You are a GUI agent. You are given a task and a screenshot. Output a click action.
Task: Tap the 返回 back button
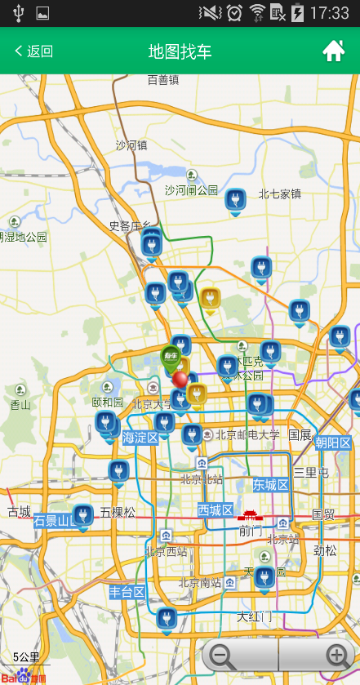33,51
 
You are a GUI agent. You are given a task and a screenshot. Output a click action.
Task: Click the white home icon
333,51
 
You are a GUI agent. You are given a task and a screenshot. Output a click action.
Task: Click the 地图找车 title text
180,51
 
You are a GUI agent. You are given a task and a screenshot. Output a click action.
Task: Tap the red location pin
180,380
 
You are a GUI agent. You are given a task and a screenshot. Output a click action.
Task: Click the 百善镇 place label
162,79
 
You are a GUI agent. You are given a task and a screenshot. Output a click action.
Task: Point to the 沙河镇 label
131,145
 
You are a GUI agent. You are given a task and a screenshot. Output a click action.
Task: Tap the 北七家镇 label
280,193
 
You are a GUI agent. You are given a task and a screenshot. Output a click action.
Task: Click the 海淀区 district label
140,438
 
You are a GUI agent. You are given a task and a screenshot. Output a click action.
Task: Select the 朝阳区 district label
333,443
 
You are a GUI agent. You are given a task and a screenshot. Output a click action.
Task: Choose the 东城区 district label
270,485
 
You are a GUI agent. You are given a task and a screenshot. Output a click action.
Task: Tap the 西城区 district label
216,510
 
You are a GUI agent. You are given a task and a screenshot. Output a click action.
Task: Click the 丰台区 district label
127,591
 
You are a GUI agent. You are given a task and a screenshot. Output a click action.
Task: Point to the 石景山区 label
53,520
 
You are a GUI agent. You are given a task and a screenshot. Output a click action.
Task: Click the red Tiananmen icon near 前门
248,515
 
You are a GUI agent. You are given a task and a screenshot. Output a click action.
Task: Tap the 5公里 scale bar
25,657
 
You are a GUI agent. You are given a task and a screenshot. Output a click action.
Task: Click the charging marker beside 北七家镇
235,200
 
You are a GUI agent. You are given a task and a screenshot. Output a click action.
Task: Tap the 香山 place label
20,404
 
